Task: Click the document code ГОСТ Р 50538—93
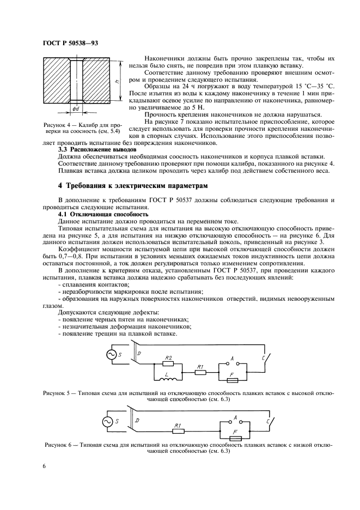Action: (70, 42)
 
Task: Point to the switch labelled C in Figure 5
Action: (261, 360)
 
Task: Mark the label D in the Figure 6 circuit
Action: (137, 421)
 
